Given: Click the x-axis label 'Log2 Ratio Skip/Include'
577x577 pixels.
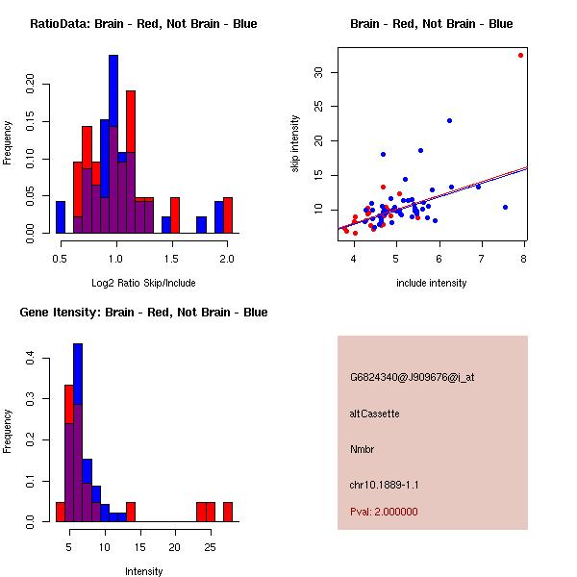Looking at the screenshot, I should coord(142,283).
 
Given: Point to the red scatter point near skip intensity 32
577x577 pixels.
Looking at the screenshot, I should coord(520,55).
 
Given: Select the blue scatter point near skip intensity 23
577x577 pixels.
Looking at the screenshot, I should coord(449,120).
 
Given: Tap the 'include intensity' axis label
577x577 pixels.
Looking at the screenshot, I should coord(431,283).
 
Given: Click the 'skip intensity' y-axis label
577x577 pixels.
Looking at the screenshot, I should coord(295,144).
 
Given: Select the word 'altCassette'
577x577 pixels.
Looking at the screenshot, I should coord(374,414).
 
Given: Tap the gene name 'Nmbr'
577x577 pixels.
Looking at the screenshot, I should coord(363,449).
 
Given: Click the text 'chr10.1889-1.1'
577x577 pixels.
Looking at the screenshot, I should coord(384,485).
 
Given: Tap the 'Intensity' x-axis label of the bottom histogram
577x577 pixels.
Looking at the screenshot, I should coord(143,571).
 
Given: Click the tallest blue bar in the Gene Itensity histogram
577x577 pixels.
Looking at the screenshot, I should coord(78,433).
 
